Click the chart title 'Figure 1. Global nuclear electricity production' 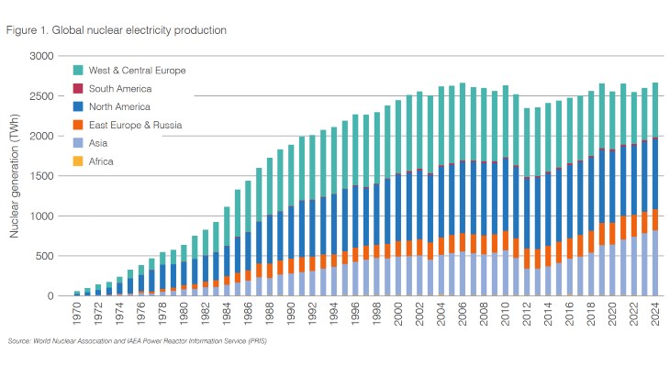click(x=117, y=30)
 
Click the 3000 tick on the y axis click(x=42, y=56)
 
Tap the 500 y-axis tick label click(x=45, y=256)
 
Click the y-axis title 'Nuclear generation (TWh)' click(x=14, y=176)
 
